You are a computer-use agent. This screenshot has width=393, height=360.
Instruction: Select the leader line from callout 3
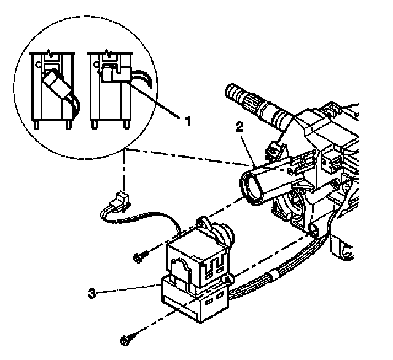129,289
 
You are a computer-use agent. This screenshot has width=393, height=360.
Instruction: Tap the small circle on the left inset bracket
39,62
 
